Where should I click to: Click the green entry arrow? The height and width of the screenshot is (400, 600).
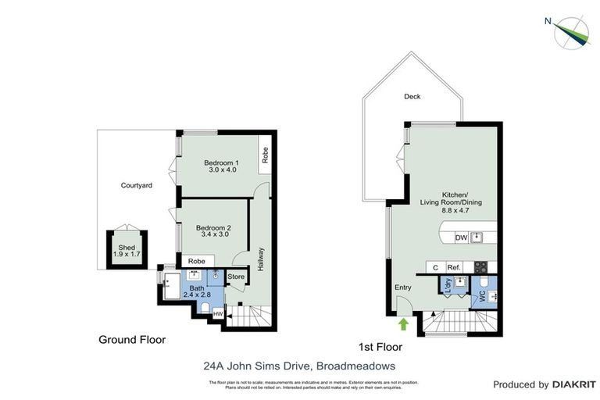pos(403,323)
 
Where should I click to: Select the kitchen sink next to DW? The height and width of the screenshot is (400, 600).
pos(478,237)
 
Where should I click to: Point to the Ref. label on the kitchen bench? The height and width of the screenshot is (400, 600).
pos(453,267)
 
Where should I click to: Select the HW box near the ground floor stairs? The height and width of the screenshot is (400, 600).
pos(217,313)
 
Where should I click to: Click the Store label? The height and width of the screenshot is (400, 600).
pos(235,276)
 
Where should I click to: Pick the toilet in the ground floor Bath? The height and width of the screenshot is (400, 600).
pos(205,308)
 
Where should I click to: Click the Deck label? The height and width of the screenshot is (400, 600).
pos(412,97)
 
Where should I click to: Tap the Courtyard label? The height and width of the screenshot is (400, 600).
pos(136,185)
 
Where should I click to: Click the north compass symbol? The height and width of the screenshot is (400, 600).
pos(571,31)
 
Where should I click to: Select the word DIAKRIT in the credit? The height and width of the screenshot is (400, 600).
pos(574,384)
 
